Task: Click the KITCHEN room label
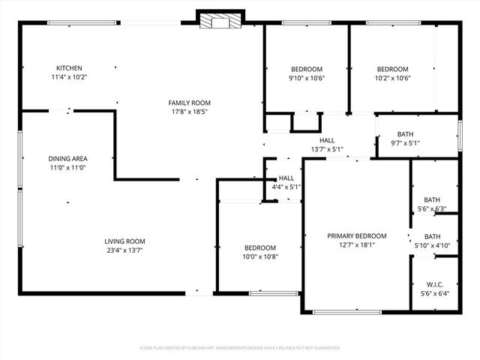[69, 68]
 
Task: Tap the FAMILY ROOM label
[189, 103]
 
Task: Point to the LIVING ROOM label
[124, 241]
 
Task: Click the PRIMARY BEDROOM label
[356, 235]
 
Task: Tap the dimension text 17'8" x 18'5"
[189, 112]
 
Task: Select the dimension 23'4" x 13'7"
[124, 250]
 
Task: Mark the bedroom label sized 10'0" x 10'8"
[260, 248]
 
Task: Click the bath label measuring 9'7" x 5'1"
[405, 134]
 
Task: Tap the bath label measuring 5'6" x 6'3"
[431, 199]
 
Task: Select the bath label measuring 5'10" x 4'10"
[432, 235]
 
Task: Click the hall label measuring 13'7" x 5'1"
[327, 140]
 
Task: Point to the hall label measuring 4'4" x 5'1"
[286, 178]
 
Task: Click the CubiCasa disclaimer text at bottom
[240, 348]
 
